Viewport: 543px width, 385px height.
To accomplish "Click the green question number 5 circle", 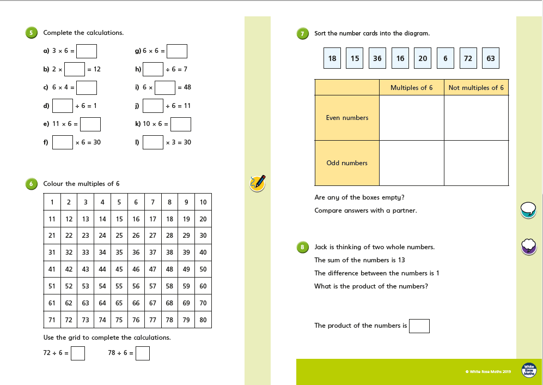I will (x=31, y=33).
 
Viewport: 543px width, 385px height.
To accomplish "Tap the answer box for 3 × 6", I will (x=87, y=51).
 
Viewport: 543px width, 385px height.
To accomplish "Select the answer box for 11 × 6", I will (x=90, y=124).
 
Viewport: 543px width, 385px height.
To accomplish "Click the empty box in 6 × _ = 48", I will (x=165, y=87).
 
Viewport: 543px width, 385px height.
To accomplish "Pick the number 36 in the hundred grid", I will (x=136, y=252).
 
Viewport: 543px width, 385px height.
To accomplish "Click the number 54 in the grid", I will (x=102, y=286).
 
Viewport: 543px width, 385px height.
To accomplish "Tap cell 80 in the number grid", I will (x=203, y=320).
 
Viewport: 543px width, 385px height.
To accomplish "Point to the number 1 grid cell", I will (x=52, y=202).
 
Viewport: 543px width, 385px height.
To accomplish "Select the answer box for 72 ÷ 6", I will (x=78, y=353).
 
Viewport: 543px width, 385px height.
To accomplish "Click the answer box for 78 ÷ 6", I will (x=143, y=353).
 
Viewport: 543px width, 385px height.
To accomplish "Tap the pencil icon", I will (x=258, y=183).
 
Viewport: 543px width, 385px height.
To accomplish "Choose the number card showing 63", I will (x=491, y=58).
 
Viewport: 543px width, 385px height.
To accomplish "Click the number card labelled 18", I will (x=332, y=58).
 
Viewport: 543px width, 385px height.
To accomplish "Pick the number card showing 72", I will (x=468, y=58).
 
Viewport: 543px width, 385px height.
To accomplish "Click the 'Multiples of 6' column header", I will (x=411, y=87).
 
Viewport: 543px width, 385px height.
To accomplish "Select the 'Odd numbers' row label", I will (x=347, y=163).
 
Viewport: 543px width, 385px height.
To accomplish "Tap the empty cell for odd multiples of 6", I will (x=411, y=163).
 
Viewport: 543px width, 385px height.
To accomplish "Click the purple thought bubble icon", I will (x=529, y=246).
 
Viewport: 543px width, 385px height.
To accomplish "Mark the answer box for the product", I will (x=419, y=326).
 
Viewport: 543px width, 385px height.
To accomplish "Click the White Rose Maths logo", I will (x=529, y=370).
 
